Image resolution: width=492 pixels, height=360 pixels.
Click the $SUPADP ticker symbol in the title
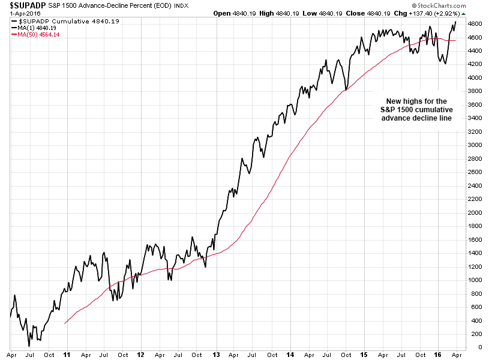28,6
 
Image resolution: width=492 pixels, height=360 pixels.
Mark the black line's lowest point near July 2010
29,346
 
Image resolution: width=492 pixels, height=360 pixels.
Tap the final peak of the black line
455,22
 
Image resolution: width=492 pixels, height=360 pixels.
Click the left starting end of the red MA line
64,323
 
